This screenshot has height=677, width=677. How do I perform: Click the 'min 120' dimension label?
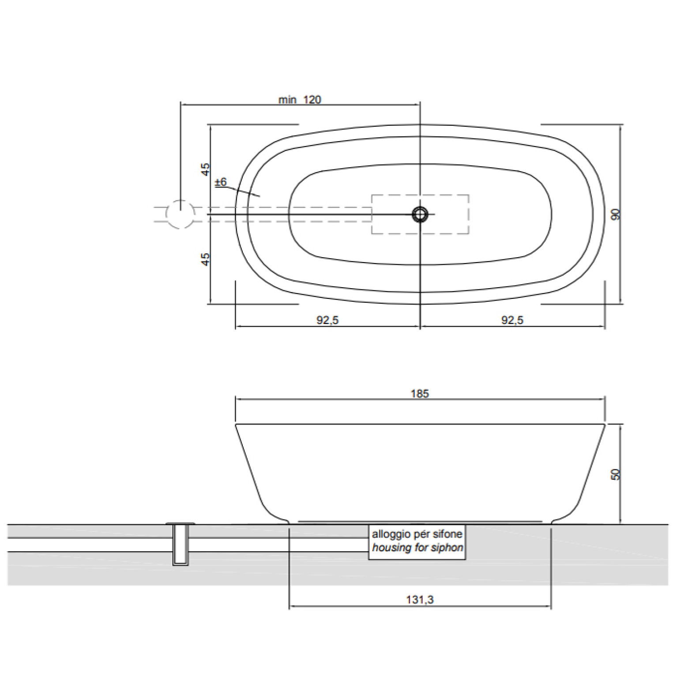(300, 100)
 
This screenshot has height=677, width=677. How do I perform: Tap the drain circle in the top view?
(420, 214)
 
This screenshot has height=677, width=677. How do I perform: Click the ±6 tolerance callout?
(221, 182)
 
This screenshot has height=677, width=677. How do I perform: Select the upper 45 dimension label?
(205, 169)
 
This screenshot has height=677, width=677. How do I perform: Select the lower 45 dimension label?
(205, 259)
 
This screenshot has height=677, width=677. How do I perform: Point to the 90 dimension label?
(616, 214)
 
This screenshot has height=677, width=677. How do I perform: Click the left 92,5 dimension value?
(327, 320)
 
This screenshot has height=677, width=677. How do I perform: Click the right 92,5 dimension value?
(512, 320)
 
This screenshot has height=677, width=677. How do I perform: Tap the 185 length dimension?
(420, 394)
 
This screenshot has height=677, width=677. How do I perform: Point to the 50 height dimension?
(616, 474)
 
